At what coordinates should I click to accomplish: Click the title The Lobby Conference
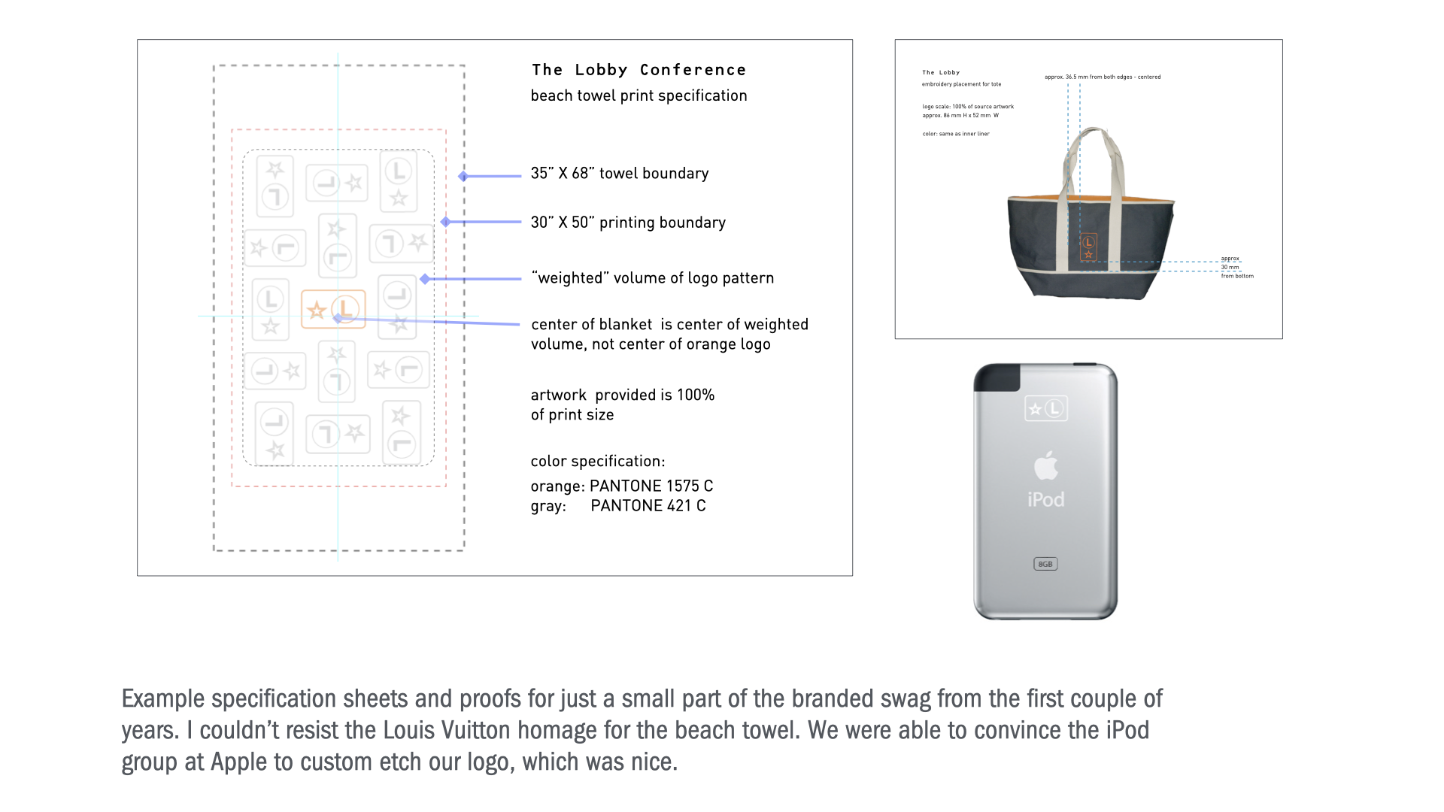click(x=639, y=70)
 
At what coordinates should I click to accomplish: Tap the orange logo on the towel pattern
click(x=333, y=309)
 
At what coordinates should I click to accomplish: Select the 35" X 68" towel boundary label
click(x=619, y=174)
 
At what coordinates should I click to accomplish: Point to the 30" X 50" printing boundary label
click(x=628, y=223)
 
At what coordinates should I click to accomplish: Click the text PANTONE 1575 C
click(x=651, y=486)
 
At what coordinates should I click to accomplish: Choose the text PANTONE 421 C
click(x=648, y=506)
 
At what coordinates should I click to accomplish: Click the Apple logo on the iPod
click(x=1045, y=465)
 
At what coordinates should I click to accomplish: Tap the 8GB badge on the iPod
click(x=1045, y=564)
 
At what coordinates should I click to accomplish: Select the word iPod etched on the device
click(x=1045, y=500)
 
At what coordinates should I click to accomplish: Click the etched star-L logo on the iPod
click(x=1045, y=409)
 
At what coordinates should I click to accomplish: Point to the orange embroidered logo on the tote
click(x=1088, y=247)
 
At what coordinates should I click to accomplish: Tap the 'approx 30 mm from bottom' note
click(x=1236, y=268)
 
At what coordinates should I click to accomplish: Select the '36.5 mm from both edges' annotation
click(x=1102, y=77)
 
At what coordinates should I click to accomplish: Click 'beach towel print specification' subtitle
click(x=639, y=96)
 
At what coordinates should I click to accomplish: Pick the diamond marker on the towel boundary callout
click(x=463, y=176)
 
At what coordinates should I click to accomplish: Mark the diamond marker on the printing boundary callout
click(x=445, y=222)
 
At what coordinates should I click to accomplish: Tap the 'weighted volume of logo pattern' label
click(x=652, y=278)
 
